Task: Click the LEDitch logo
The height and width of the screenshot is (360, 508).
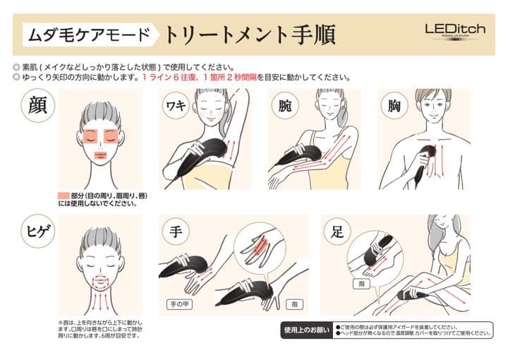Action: click(454, 30)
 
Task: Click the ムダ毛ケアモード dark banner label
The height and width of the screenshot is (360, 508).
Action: click(90, 33)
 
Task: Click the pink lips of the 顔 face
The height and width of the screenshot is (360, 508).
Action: click(99, 155)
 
